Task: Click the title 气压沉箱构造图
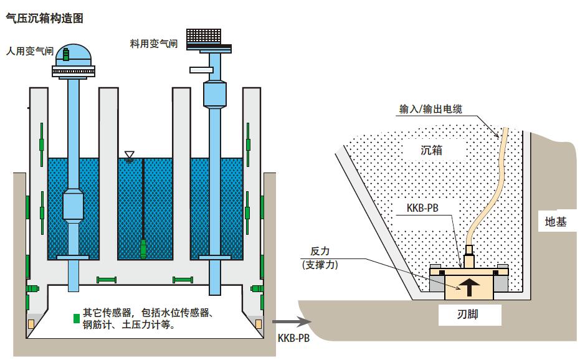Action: (44, 19)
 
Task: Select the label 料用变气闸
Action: (153, 44)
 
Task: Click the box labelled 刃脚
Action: (470, 316)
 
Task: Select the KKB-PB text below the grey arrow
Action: (292, 338)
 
